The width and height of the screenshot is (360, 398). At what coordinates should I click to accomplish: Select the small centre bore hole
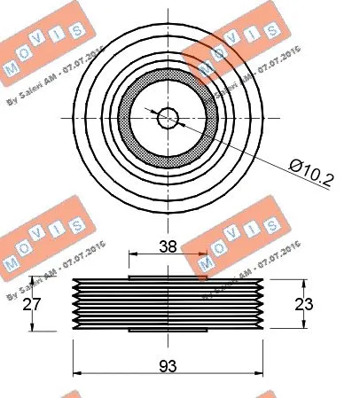(x=168, y=116)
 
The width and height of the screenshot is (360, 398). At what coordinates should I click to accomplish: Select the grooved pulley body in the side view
(x=168, y=305)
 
